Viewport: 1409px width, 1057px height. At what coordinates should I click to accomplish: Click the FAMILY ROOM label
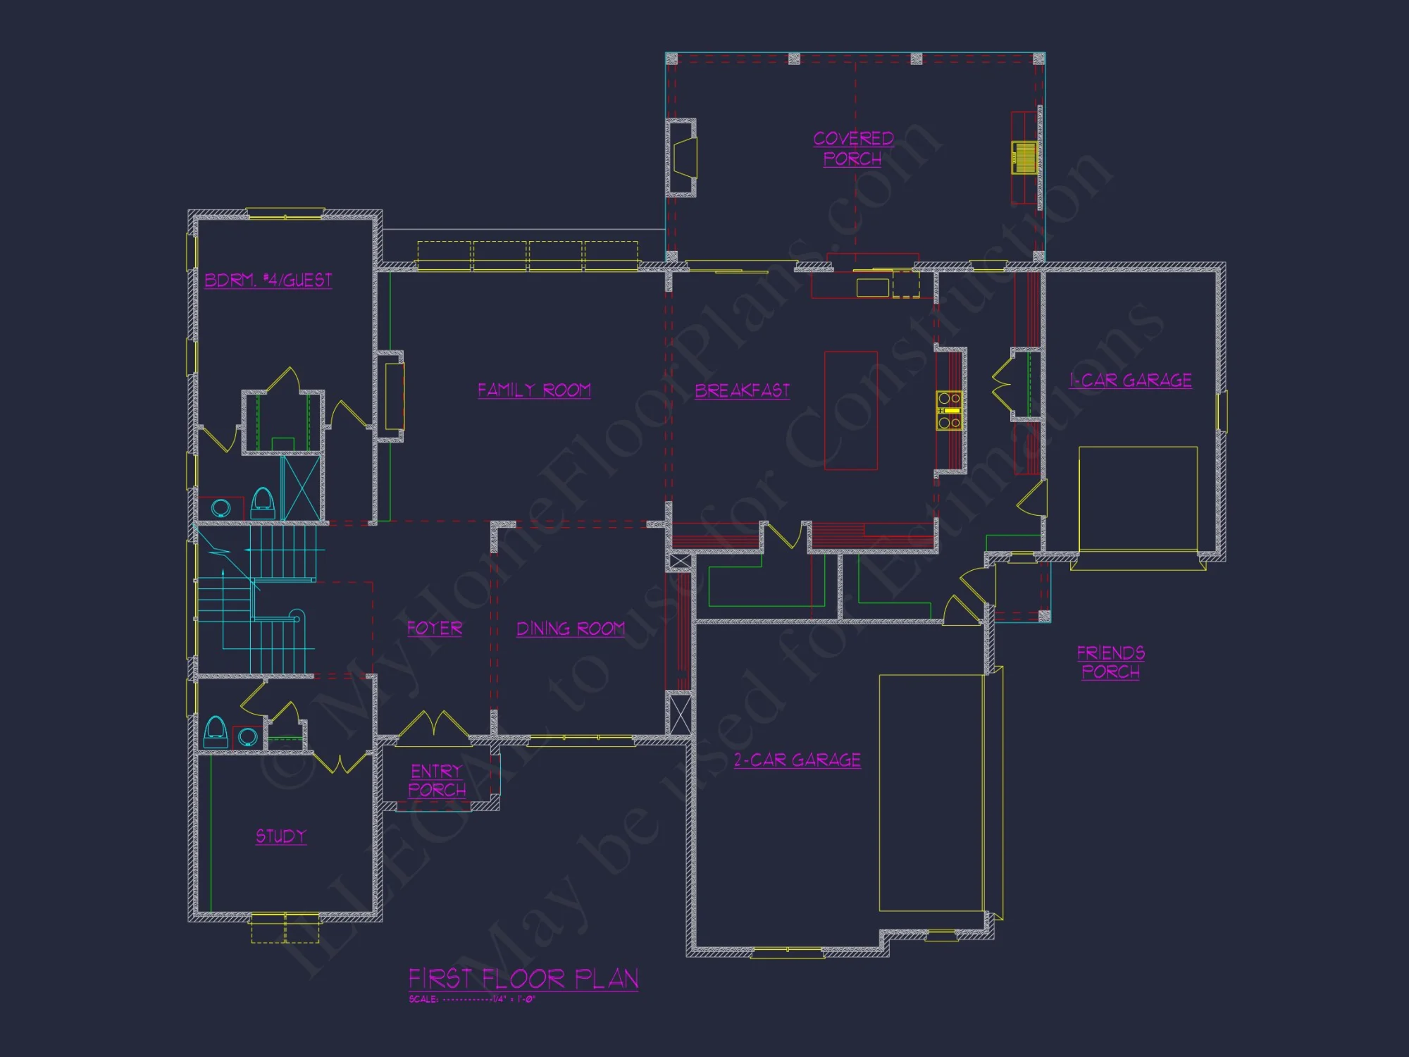(534, 390)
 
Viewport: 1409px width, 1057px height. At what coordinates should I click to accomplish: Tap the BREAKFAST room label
(742, 391)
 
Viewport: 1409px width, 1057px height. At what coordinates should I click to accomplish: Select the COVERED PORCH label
(853, 149)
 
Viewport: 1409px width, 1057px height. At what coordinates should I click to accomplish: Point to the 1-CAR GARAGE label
(1131, 381)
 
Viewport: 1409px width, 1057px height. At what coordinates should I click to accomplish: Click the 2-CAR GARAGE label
(797, 760)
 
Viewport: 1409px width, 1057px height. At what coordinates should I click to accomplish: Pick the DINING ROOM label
(571, 629)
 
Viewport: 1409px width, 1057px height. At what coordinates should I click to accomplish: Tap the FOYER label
(435, 628)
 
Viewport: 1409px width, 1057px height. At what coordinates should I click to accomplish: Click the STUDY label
(281, 836)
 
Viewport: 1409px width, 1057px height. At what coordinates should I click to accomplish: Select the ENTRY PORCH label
(437, 781)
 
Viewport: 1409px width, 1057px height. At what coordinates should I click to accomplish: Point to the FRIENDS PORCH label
(1111, 662)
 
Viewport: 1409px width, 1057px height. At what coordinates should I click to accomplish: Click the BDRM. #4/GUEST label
(268, 280)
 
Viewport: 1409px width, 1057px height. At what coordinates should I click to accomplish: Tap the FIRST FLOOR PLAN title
(523, 979)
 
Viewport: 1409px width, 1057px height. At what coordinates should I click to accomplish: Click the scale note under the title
(472, 999)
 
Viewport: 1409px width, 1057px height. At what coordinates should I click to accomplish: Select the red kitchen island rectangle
(851, 410)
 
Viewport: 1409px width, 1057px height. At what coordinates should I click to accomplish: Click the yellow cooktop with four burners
(949, 410)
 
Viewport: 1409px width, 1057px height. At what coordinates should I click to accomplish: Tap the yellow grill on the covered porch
(1025, 157)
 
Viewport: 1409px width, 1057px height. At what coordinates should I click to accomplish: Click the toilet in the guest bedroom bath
(263, 502)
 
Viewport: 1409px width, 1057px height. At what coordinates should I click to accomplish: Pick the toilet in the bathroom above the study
(216, 732)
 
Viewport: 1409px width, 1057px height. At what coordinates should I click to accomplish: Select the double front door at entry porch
(435, 726)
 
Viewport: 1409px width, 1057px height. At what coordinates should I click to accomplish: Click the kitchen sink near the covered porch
(872, 288)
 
